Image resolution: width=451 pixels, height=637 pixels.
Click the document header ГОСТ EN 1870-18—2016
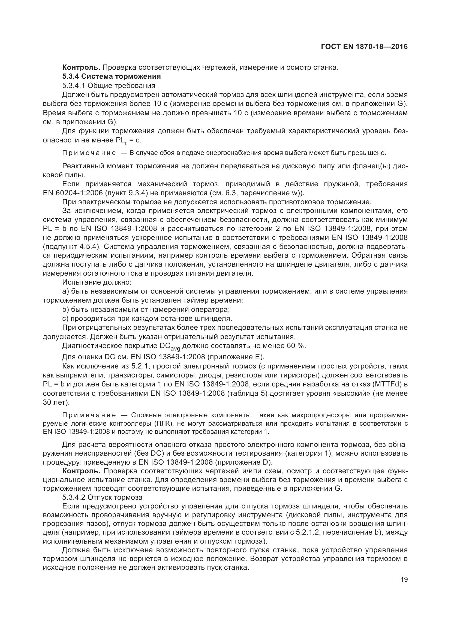364,47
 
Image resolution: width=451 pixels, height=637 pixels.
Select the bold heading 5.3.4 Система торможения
111,76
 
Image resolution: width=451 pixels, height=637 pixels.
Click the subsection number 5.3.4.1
74,85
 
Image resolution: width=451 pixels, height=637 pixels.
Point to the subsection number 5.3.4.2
74,497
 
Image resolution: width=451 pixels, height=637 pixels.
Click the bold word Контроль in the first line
81,68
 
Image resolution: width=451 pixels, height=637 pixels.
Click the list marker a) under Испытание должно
65,291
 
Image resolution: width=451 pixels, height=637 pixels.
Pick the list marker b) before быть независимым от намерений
65,309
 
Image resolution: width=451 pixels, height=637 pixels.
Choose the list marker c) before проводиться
65,318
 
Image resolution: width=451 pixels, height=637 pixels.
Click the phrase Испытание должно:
97,282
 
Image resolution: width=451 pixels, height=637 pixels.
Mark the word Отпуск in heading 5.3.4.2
100,497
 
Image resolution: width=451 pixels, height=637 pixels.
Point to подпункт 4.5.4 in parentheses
71,247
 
